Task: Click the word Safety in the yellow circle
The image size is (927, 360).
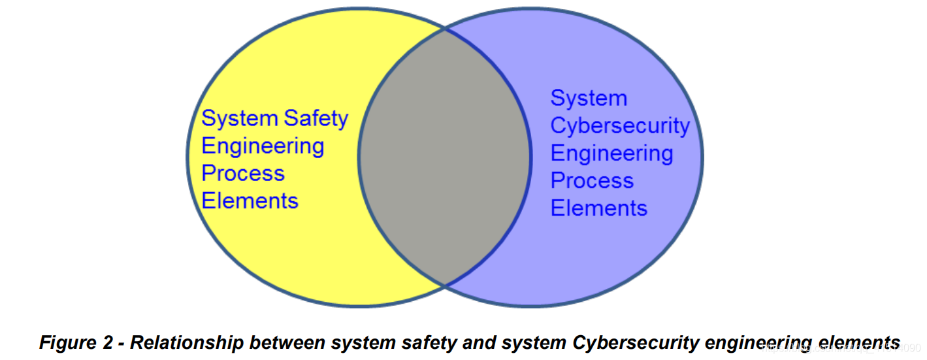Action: pyautogui.click(x=316, y=119)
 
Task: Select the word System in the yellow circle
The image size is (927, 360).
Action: pyautogui.click(x=240, y=119)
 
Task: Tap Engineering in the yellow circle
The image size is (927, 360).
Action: pyautogui.click(x=263, y=146)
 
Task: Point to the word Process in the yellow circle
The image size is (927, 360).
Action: pyautogui.click(x=243, y=173)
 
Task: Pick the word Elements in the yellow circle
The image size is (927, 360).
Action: pyautogui.click(x=250, y=201)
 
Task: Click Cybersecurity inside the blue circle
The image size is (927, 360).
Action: pyautogui.click(x=620, y=125)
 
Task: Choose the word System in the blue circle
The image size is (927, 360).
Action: pyautogui.click(x=589, y=98)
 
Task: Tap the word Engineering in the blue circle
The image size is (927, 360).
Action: pyautogui.click(x=611, y=153)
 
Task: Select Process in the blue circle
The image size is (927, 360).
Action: pyautogui.click(x=592, y=180)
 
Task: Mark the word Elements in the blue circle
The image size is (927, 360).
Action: pyautogui.click(x=598, y=208)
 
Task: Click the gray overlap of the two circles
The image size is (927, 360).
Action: pyautogui.click(x=444, y=157)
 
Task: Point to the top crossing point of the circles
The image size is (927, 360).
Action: pyautogui.click(x=445, y=29)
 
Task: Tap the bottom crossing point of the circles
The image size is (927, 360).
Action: pyautogui.click(x=445, y=285)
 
